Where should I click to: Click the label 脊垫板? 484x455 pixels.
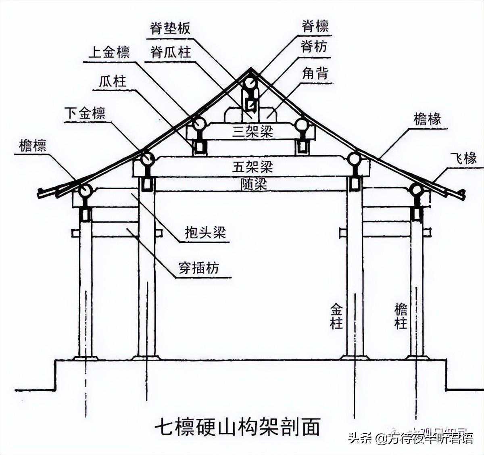pyautogui.click(x=170, y=28)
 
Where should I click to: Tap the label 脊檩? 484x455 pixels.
pyautogui.click(x=315, y=27)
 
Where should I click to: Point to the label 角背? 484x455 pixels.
pyautogui.click(x=315, y=73)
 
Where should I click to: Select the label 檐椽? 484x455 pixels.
pyautogui.click(x=427, y=119)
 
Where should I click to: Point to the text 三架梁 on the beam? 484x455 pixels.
pyautogui.click(x=252, y=132)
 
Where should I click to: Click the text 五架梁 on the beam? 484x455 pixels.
pyautogui.click(x=252, y=166)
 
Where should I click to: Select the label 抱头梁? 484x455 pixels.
pyautogui.click(x=205, y=233)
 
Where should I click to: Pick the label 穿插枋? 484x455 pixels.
pyautogui.click(x=199, y=267)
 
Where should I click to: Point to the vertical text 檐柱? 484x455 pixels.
pyautogui.click(x=401, y=317)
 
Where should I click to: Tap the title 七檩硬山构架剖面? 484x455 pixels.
pyautogui.click(x=238, y=427)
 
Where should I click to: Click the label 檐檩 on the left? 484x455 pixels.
pyautogui.click(x=33, y=146)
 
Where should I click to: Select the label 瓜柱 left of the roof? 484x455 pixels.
pyautogui.click(x=113, y=82)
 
